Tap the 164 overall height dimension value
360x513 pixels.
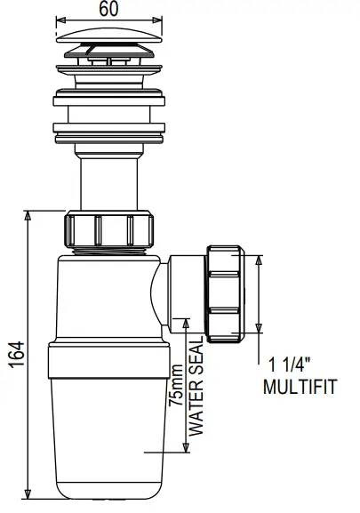(12, 354)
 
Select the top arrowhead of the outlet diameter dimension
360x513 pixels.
(260, 259)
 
